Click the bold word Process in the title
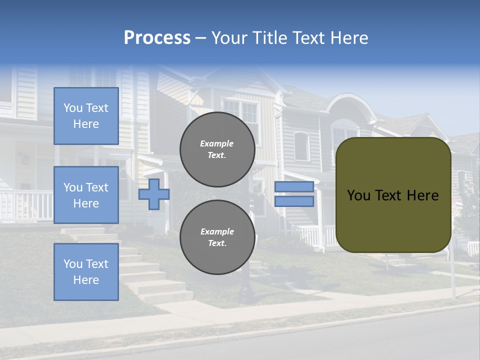click(157, 38)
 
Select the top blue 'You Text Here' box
click(86, 116)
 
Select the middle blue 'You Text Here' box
click(86, 195)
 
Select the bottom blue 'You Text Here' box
click(86, 271)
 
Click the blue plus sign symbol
click(153, 194)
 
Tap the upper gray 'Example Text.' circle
click(217, 149)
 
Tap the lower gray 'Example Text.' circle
click(217, 237)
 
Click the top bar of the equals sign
click(294, 186)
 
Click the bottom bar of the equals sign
click(294, 201)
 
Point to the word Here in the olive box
click(423, 195)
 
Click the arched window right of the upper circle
click(301, 146)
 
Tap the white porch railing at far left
click(25, 205)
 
